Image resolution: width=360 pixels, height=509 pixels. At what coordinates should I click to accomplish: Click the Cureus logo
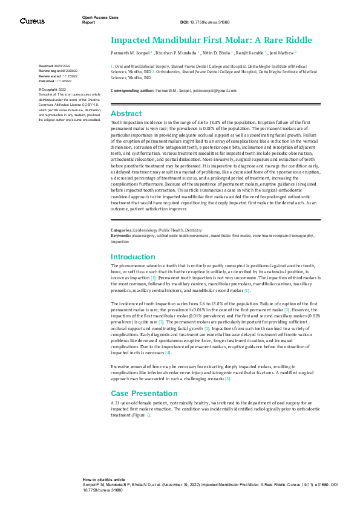coord(32,21)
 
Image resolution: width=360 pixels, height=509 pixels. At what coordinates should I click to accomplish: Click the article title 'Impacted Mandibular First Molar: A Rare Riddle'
coord(211,41)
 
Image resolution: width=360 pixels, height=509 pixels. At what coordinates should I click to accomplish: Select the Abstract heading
coord(126,114)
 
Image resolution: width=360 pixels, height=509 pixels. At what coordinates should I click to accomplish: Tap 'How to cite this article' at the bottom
coord(104,479)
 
